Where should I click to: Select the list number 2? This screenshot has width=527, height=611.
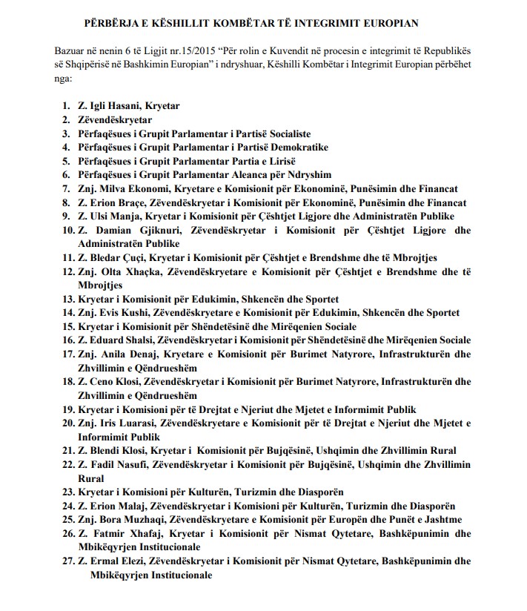(x=66, y=119)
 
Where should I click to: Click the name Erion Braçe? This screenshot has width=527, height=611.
(x=117, y=202)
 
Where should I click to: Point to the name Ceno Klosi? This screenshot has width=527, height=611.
(x=116, y=382)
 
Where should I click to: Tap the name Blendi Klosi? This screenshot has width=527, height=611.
(x=119, y=450)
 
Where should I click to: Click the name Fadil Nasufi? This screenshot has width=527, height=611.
(x=118, y=465)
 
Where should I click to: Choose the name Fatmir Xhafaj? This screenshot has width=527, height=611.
(x=122, y=533)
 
